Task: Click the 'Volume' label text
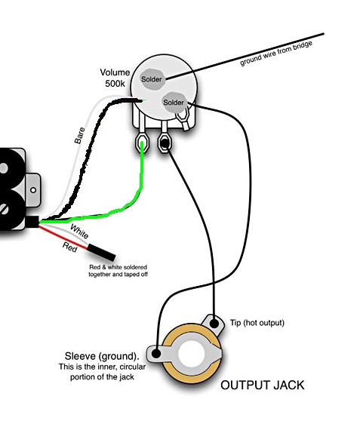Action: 115,72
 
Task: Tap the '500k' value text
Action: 115,84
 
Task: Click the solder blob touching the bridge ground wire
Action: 152,79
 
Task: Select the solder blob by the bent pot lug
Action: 174,102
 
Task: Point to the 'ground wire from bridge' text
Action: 276,54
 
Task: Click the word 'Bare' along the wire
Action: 79,136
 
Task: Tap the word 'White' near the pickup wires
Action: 79,232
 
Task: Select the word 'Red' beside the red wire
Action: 70,247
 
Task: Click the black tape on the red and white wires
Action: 102,252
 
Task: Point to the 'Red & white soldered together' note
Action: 118,271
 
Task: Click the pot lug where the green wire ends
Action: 141,143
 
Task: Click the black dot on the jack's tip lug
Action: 214,324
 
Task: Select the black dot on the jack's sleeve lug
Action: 155,353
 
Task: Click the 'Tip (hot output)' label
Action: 257,323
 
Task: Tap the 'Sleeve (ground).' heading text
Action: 102,356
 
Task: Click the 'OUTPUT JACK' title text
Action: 263,385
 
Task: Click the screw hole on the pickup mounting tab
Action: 33,190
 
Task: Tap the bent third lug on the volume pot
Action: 183,118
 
